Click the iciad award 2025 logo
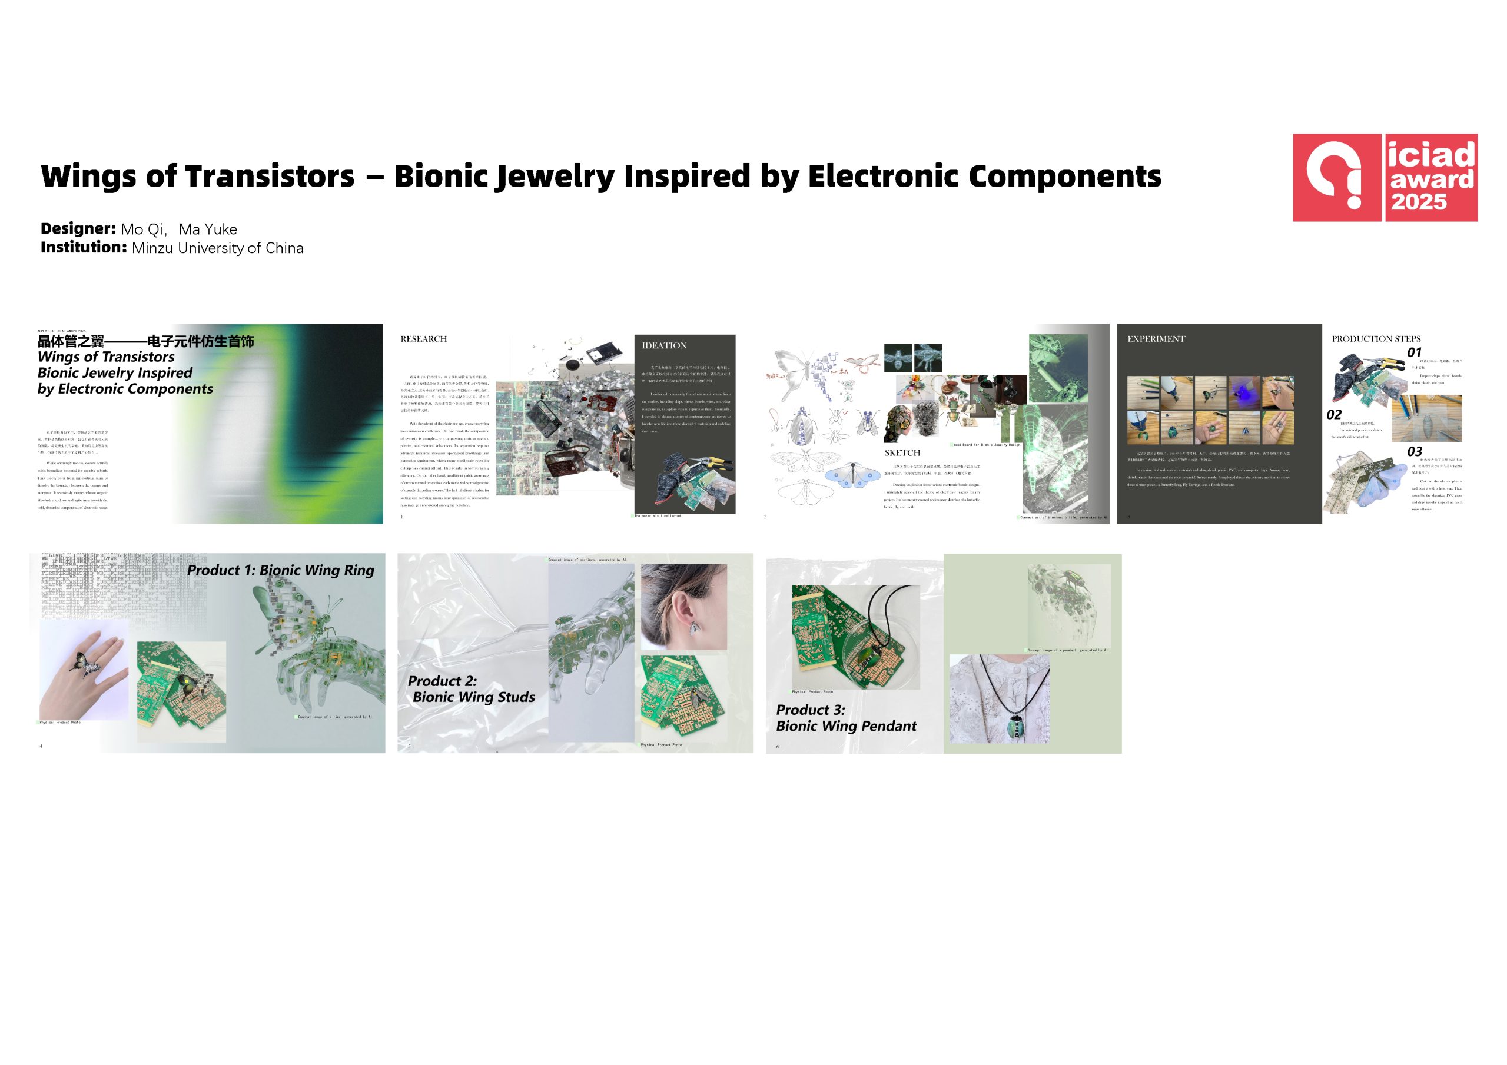point(1385,177)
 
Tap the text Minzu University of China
point(217,248)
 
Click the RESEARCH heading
point(423,338)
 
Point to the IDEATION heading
point(663,345)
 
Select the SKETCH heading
point(902,453)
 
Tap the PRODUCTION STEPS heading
point(1376,338)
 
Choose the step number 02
point(1334,415)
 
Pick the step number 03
point(1415,451)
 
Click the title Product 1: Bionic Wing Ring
point(280,570)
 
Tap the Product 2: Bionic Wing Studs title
point(472,689)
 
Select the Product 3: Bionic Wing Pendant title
point(845,718)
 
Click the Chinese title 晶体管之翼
point(71,341)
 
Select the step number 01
point(1414,352)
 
